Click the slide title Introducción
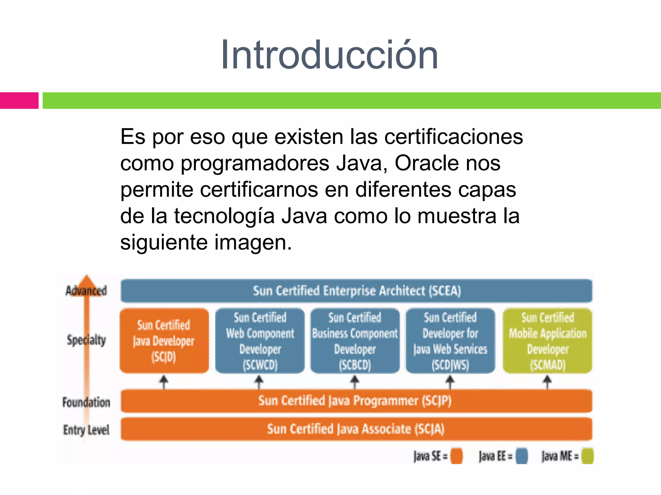click(x=329, y=55)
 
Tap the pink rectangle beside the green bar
click(x=19, y=101)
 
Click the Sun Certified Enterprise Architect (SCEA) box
click(x=356, y=291)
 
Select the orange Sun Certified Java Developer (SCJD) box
click(x=164, y=341)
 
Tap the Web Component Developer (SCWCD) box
click(x=260, y=341)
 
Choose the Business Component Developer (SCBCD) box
click(x=355, y=341)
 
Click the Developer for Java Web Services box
click(x=450, y=341)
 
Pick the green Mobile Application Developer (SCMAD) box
click(x=547, y=341)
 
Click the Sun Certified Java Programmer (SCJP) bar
click(x=356, y=401)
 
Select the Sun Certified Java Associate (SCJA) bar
click(x=356, y=429)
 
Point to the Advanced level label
click(x=86, y=291)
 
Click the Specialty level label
click(x=86, y=340)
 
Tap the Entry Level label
click(x=86, y=430)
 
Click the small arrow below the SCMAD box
click(x=547, y=382)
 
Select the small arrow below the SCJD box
click(x=164, y=382)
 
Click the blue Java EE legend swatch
click(x=522, y=456)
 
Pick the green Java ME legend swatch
click(x=587, y=456)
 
